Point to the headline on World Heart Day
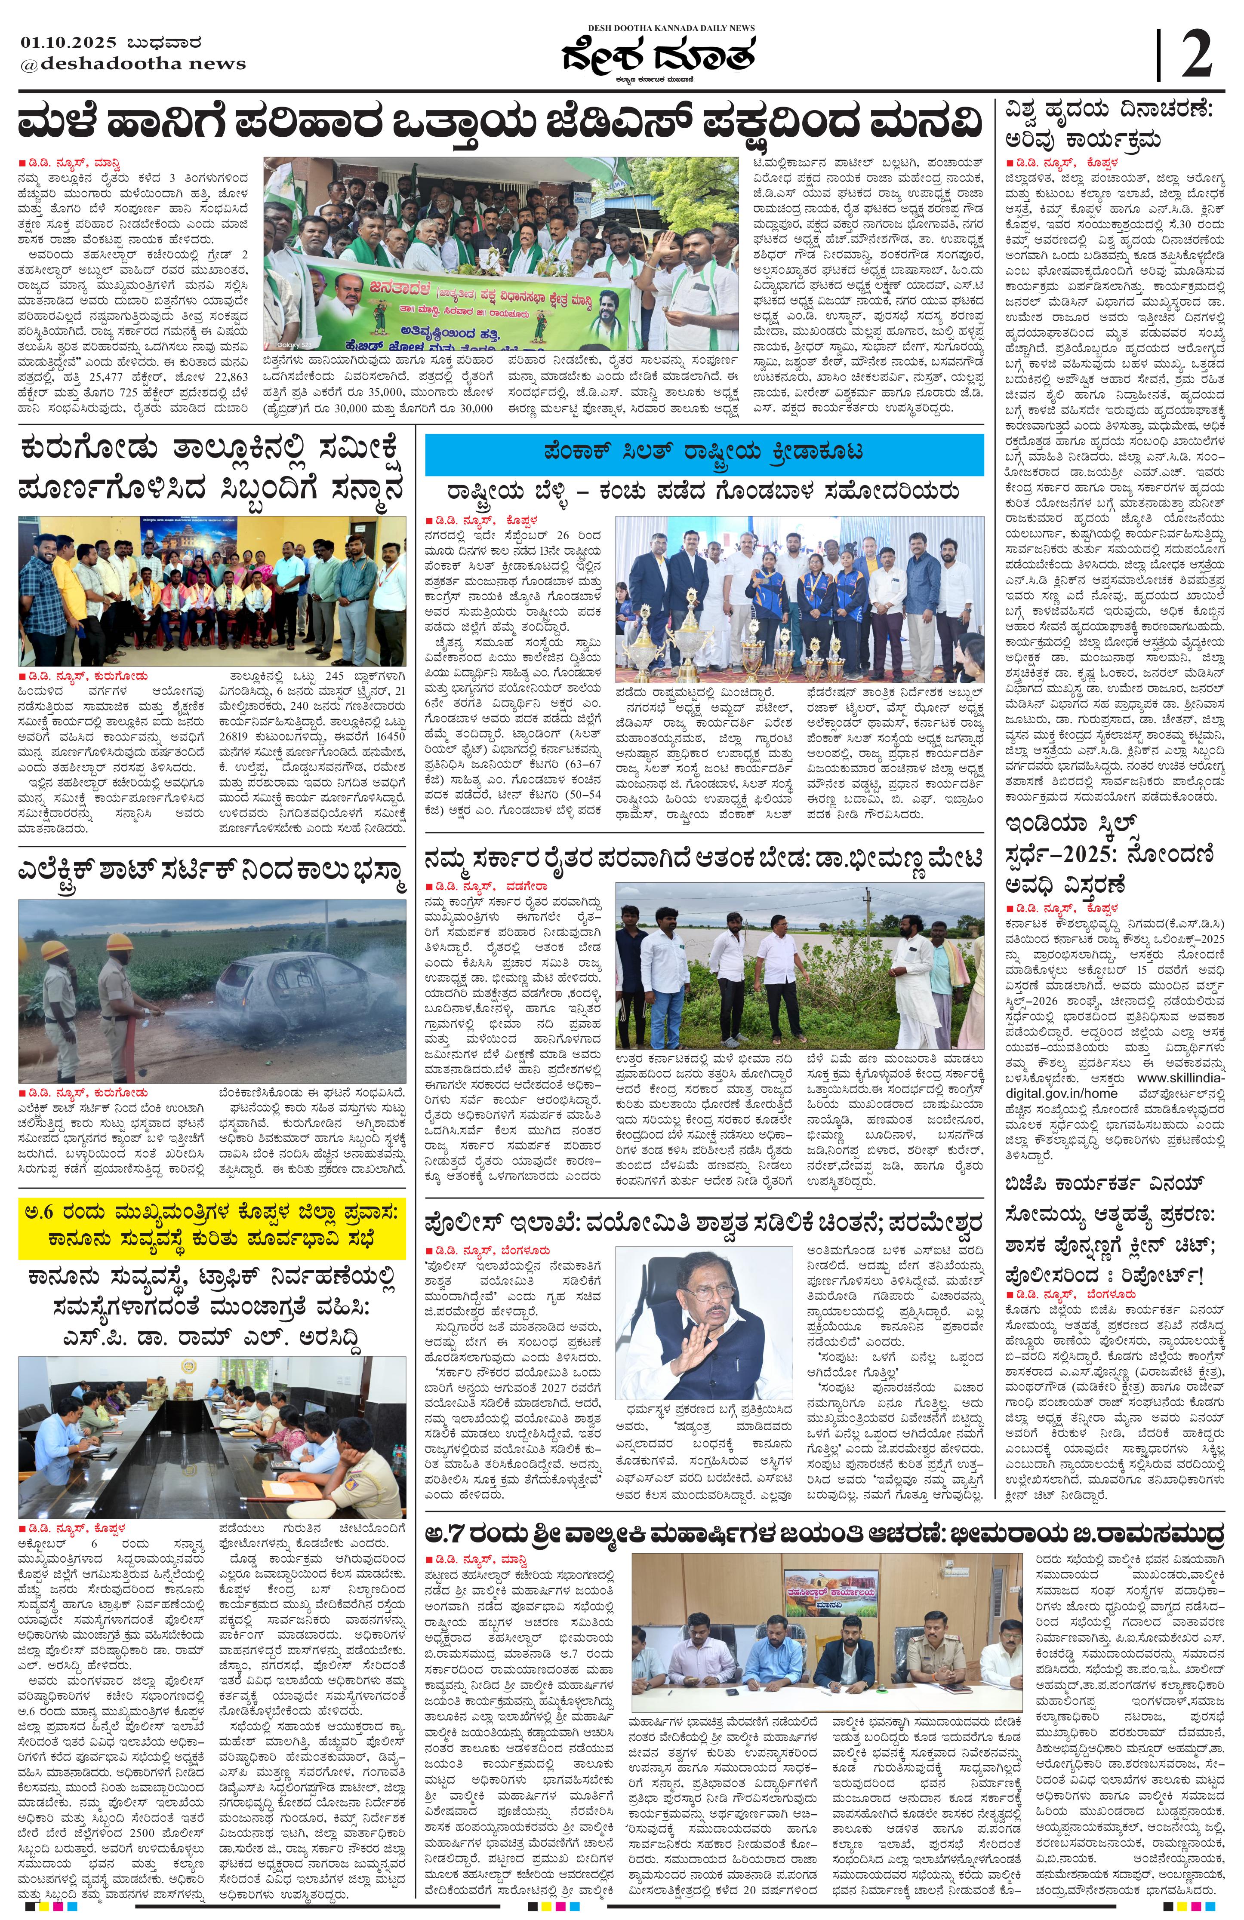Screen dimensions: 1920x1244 pyautogui.click(x=1109, y=123)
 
